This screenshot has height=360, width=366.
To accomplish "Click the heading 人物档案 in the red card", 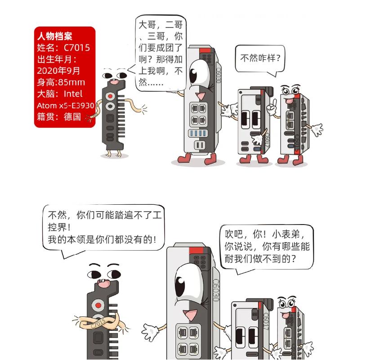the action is (x=54, y=36).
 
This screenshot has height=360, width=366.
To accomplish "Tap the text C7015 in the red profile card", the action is (x=77, y=48).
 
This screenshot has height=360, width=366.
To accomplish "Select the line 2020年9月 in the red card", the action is (x=58, y=71).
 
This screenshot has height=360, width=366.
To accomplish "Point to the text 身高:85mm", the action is (x=61, y=82).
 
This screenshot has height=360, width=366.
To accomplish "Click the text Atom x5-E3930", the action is (x=65, y=106).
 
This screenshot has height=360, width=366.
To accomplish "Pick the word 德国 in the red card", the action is (x=72, y=117).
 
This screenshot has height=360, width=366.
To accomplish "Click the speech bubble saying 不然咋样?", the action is (x=260, y=59).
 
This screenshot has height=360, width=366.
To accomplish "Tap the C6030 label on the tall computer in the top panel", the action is (x=218, y=75).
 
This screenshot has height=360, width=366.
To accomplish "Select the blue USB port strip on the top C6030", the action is (x=198, y=133).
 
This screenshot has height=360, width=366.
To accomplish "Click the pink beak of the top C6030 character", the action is (x=199, y=95).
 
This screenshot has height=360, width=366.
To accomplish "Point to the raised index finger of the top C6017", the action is (x=275, y=102).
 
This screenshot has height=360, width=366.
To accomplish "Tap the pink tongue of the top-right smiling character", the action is (x=289, y=101).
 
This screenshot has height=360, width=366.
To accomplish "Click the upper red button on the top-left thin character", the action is (x=110, y=96).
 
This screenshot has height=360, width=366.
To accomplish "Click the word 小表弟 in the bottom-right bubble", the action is (x=286, y=234).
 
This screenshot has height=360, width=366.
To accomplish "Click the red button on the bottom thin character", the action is (x=98, y=306).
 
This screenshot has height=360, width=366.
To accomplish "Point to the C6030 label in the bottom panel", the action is (x=216, y=290).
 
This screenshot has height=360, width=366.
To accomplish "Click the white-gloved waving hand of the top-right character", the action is (x=317, y=130).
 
